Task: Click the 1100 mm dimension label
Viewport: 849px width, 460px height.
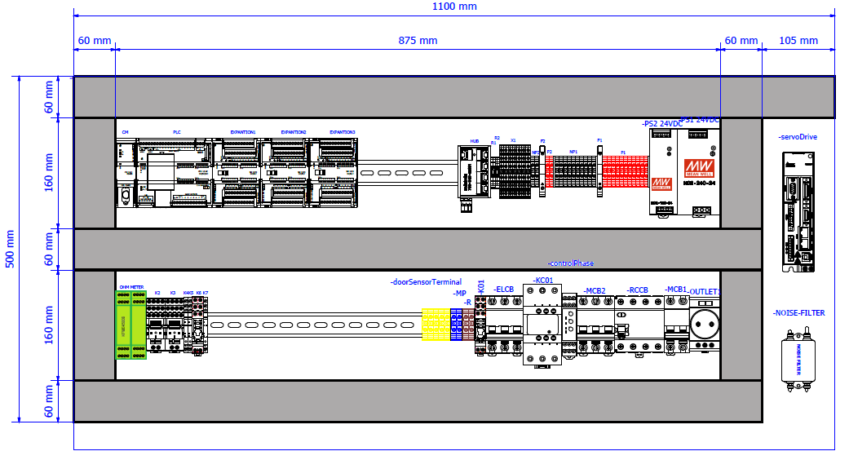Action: [x=454, y=7]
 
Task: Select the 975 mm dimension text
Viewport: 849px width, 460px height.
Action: [x=418, y=41]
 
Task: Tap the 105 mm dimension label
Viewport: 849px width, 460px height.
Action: [x=798, y=41]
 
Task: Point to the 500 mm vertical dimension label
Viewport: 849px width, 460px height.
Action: [x=10, y=249]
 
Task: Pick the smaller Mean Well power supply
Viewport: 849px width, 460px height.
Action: [x=662, y=173]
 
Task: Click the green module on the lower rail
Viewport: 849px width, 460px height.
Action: [x=130, y=325]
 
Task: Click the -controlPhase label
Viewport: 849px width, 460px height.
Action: [x=571, y=263]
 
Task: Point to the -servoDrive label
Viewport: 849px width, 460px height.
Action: [x=798, y=137]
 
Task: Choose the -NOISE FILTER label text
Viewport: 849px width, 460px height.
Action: [x=798, y=313]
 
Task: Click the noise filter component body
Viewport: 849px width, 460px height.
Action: [x=798, y=356]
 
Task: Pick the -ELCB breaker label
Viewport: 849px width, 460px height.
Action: [x=506, y=290]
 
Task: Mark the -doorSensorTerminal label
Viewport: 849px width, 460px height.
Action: [x=427, y=282]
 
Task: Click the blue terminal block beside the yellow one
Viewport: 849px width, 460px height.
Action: [x=455, y=325]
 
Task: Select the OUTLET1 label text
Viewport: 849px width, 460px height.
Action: [x=705, y=291]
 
